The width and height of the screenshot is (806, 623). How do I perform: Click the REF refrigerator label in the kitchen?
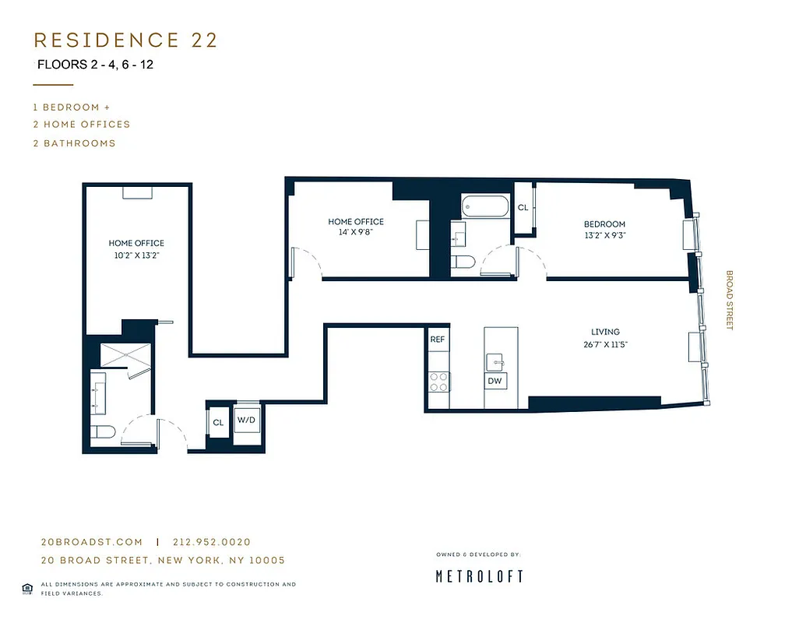pyautogui.click(x=438, y=340)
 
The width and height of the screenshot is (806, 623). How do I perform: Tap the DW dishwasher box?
pyautogui.click(x=495, y=381)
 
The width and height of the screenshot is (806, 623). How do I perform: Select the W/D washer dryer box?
pyautogui.click(x=247, y=421)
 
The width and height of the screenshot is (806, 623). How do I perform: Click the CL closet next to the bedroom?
pyautogui.click(x=523, y=208)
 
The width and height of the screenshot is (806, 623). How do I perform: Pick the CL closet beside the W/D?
pyautogui.click(x=218, y=422)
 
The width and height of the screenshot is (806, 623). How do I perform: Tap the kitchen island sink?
pyautogui.click(x=495, y=361)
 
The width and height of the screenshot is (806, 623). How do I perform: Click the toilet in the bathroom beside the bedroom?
pyautogui.click(x=463, y=262)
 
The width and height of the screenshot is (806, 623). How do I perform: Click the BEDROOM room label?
pyautogui.click(x=605, y=224)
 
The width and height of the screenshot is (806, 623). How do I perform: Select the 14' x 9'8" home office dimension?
pyautogui.click(x=356, y=232)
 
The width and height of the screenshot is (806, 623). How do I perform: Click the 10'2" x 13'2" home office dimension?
pyautogui.click(x=136, y=254)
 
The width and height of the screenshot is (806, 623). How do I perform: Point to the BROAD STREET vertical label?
pyautogui.click(x=730, y=300)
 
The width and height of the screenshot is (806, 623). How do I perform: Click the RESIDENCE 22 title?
pyautogui.click(x=125, y=40)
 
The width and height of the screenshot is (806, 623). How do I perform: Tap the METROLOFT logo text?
pyautogui.click(x=479, y=576)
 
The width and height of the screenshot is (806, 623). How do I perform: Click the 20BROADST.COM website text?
pyautogui.click(x=92, y=542)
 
